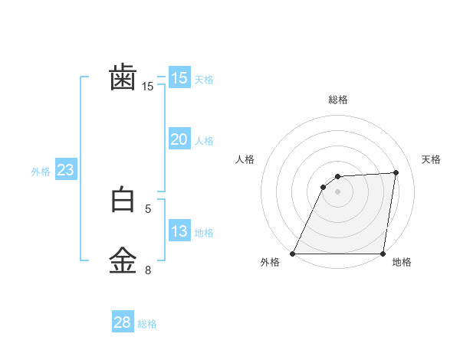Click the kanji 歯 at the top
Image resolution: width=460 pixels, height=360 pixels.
tap(123, 77)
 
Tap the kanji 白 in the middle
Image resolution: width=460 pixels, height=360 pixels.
tap(123, 200)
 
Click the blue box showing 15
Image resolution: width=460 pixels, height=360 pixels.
tap(179, 78)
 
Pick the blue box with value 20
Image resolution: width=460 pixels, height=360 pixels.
tap(179, 139)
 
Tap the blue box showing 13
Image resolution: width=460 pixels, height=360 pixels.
tap(179, 231)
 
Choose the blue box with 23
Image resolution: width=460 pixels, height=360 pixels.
tap(65, 170)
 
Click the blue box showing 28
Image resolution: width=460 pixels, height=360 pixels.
tap(122, 322)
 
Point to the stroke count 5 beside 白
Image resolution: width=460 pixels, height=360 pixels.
tap(149, 208)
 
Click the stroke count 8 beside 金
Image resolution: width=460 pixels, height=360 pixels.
tap(149, 270)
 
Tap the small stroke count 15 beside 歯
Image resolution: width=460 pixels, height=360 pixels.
tap(148, 87)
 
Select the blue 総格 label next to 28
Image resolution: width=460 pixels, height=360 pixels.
tap(147, 324)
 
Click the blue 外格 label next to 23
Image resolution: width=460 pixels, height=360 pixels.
tap(41, 172)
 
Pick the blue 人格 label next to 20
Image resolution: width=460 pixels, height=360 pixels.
tap(204, 141)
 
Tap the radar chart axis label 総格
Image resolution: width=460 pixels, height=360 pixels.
tap(338, 100)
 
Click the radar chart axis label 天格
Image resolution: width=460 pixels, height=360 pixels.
tap(431, 159)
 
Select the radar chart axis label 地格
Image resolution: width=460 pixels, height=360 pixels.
tap(402, 263)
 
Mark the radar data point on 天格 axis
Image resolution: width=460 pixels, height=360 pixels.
tap(396, 172)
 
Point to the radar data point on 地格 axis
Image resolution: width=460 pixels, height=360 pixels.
tap(383, 254)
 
